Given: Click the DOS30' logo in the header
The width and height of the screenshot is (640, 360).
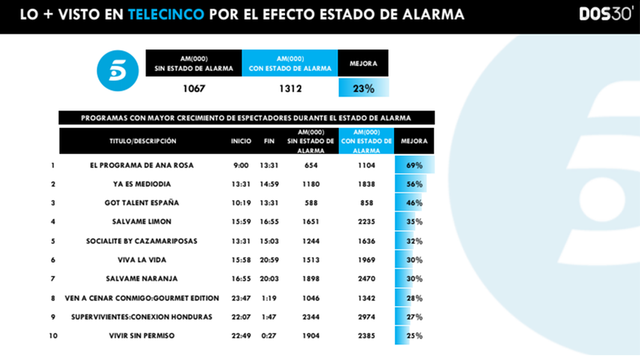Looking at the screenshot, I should (605, 14).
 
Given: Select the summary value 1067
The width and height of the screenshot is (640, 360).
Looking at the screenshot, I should (194, 89).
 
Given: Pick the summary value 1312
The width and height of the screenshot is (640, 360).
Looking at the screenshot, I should (289, 89).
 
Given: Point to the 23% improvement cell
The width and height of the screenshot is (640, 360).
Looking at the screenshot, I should (364, 89).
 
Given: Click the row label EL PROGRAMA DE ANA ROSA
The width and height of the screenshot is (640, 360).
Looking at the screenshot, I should (141, 165).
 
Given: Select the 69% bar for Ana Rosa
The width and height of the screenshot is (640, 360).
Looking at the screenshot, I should (414, 165).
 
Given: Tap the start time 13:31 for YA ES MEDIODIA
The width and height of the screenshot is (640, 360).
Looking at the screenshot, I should (241, 184).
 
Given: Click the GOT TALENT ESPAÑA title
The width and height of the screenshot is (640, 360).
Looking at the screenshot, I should (141, 203).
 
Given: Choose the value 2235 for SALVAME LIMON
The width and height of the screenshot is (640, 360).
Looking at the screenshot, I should (366, 222).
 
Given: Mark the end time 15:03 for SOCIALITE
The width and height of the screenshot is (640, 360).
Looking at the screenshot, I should (270, 241).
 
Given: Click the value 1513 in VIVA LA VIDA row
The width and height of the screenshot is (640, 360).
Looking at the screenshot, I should (311, 260).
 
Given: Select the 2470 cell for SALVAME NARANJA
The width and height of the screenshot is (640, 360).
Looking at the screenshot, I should (366, 279).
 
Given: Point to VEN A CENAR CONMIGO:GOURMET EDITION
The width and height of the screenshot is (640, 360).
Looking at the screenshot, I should (141, 297).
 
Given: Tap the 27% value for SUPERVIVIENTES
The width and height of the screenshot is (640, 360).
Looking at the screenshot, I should (414, 316).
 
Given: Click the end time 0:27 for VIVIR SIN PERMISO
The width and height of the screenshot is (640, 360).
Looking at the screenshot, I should (270, 335).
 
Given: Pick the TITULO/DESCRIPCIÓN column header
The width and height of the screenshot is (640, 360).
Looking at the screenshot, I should (143, 141).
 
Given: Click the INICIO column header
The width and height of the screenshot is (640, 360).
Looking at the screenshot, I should (241, 141).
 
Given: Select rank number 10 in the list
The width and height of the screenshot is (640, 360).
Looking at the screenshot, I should (52, 335).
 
